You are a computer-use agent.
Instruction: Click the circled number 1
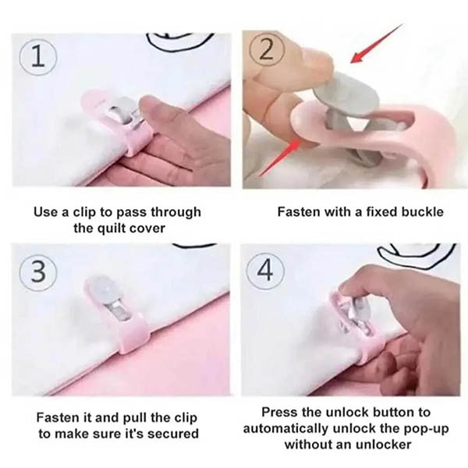pyautogui.click(x=38, y=58)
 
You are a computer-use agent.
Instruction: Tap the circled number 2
pyautogui.click(x=267, y=50)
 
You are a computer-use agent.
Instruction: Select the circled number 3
pyautogui.click(x=38, y=271)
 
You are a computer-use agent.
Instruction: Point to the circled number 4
pyautogui.click(x=265, y=271)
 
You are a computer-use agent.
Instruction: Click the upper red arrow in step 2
pyautogui.click(x=377, y=44)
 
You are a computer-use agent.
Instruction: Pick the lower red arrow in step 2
pyautogui.click(x=279, y=158)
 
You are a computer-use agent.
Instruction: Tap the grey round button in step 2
pyautogui.click(x=346, y=94)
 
